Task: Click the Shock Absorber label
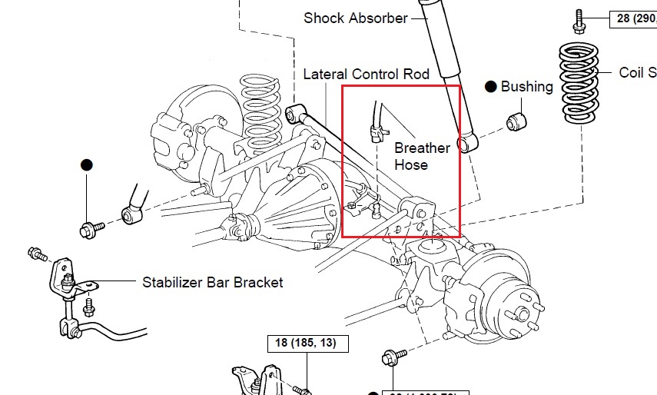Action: coord(355,18)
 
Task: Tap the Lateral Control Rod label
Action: coord(367,75)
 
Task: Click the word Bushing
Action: coord(526,87)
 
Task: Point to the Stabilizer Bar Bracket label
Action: coord(213,282)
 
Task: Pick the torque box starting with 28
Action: coord(632,18)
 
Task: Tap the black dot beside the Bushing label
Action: coord(490,87)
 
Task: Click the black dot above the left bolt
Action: coord(86,165)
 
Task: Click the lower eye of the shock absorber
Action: coord(465,144)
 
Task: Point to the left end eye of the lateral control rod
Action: coord(293,115)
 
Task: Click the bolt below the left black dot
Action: coord(90,228)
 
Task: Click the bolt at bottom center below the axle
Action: coord(390,358)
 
